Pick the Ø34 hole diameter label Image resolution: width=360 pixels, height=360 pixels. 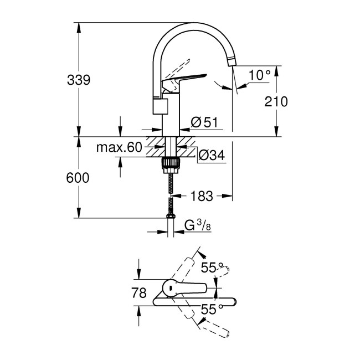[210, 157]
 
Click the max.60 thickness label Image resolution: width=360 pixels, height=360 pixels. [119, 148]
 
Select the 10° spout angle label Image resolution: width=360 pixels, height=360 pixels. [260, 74]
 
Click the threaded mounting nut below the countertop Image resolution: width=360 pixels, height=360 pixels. [171, 163]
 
